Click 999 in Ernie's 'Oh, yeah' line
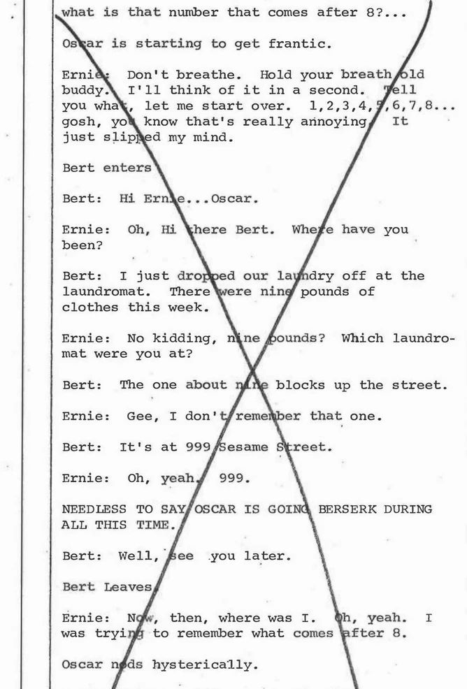[x=235, y=478]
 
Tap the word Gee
[x=139, y=416]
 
